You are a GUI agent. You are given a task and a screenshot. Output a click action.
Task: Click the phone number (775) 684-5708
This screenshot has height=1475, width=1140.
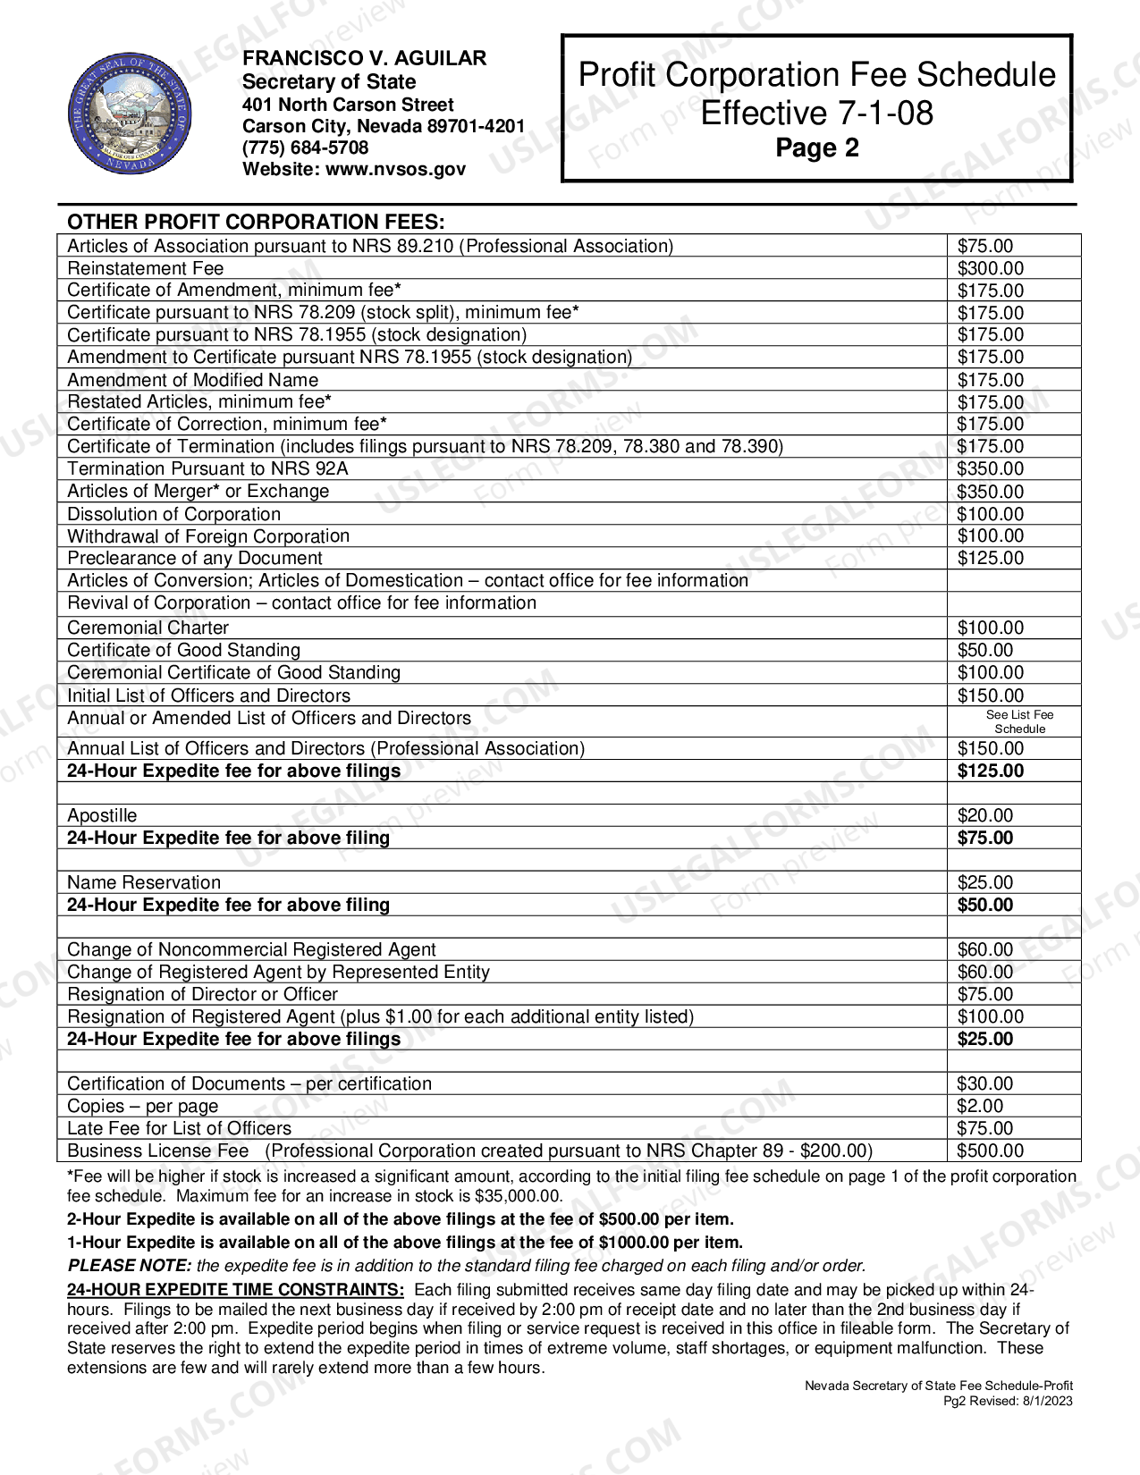click(x=305, y=147)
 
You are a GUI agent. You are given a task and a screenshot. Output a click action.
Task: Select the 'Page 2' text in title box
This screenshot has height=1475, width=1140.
click(x=816, y=147)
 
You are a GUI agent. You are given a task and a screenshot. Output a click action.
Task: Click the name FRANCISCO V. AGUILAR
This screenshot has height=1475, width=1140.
click(x=365, y=59)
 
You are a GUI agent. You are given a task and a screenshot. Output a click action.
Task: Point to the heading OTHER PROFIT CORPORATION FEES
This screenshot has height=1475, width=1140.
click(x=256, y=222)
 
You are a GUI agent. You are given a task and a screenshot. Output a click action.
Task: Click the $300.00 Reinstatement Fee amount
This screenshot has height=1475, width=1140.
click(x=990, y=268)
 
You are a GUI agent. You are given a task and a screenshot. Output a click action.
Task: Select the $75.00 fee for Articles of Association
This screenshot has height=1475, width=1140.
click(x=985, y=246)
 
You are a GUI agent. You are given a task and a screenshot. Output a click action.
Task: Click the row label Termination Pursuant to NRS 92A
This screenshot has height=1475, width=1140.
click(x=207, y=468)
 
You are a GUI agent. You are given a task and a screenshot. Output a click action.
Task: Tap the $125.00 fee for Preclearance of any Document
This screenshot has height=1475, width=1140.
click(x=990, y=558)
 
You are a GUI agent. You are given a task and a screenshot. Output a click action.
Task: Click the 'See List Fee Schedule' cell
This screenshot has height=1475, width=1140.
click(x=1019, y=721)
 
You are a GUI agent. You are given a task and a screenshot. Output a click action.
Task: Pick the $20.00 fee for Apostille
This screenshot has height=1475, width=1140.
click(x=985, y=815)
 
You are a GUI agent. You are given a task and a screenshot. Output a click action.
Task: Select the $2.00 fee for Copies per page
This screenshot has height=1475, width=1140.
click(x=980, y=1106)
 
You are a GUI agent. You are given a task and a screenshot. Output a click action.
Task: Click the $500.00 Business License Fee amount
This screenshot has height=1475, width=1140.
click(x=990, y=1150)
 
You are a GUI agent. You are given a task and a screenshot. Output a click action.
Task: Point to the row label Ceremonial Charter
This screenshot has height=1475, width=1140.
click(x=148, y=628)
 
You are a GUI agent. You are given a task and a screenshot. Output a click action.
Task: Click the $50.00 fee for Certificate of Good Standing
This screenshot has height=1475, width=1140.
click(x=985, y=650)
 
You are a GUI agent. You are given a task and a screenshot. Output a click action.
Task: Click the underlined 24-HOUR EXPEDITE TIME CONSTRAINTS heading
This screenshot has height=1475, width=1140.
click(x=235, y=1290)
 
